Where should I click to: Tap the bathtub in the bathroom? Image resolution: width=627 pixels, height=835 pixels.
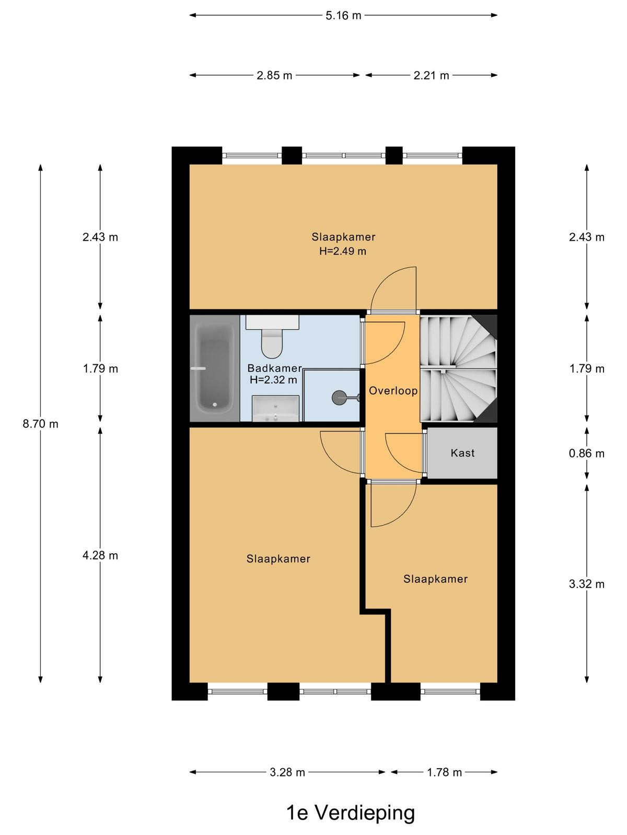click(215, 368)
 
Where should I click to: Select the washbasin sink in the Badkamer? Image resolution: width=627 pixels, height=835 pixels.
click(276, 409)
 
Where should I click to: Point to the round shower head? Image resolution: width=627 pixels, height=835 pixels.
click(338, 398)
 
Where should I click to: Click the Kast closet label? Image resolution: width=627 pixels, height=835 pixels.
click(462, 452)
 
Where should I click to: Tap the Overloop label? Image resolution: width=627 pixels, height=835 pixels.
click(393, 391)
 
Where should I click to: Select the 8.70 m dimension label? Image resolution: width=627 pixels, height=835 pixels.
click(40, 424)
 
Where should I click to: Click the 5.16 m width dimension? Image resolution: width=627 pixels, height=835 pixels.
click(343, 16)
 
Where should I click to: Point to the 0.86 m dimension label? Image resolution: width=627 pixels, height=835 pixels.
click(587, 453)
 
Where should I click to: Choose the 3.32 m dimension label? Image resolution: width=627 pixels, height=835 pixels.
click(587, 584)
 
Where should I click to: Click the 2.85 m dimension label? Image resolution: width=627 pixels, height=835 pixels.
click(274, 75)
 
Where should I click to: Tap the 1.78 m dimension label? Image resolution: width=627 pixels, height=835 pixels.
click(444, 772)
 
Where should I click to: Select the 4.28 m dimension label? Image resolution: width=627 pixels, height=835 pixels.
click(100, 555)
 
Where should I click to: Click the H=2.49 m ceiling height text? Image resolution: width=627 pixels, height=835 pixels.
click(343, 251)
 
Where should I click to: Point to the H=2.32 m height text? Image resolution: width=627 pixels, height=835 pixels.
click(273, 379)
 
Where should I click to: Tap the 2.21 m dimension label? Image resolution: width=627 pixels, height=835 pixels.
click(432, 75)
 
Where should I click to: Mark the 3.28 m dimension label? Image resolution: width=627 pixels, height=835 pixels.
click(287, 772)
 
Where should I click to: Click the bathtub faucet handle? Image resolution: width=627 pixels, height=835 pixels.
click(199, 368)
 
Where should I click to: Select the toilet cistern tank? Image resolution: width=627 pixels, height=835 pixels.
click(272, 322)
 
